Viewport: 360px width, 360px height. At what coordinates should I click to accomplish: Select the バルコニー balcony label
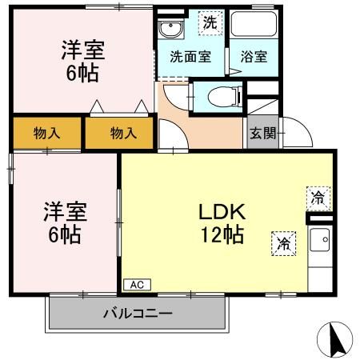[x=137, y=313]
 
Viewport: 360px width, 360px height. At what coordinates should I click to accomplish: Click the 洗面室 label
[x=190, y=58]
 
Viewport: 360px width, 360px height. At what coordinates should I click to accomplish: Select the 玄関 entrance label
[x=262, y=134]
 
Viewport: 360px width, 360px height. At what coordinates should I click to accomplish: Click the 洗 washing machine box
[x=209, y=23]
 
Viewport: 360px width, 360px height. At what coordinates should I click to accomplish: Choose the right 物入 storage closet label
[x=122, y=133]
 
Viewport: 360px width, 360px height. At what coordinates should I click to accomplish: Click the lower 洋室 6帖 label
[x=65, y=224]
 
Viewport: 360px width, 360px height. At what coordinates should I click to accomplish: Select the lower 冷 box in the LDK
[x=283, y=242]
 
